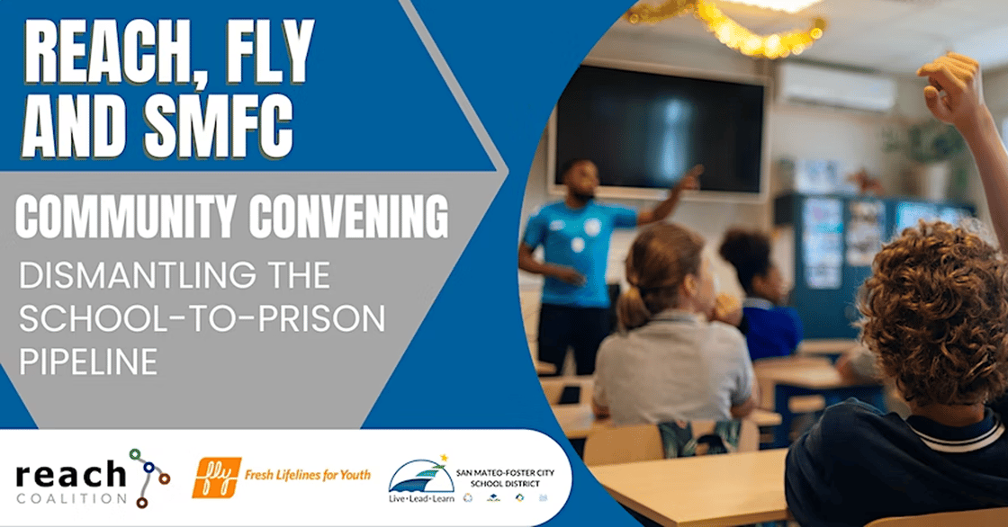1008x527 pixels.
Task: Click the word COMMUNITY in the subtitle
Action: pos(126,217)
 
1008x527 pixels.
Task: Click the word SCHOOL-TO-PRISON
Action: pos(202,318)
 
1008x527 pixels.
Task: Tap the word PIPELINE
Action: pos(88,362)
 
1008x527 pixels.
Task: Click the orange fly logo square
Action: pos(217,478)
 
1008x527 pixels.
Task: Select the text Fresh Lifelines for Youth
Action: pos(307,475)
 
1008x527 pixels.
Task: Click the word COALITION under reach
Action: pos(71,498)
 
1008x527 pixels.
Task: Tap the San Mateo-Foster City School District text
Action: pos(505,478)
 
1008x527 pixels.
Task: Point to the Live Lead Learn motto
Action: pos(421,499)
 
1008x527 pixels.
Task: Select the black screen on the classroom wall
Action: pos(659,129)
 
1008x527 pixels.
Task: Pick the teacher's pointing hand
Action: pos(690,177)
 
